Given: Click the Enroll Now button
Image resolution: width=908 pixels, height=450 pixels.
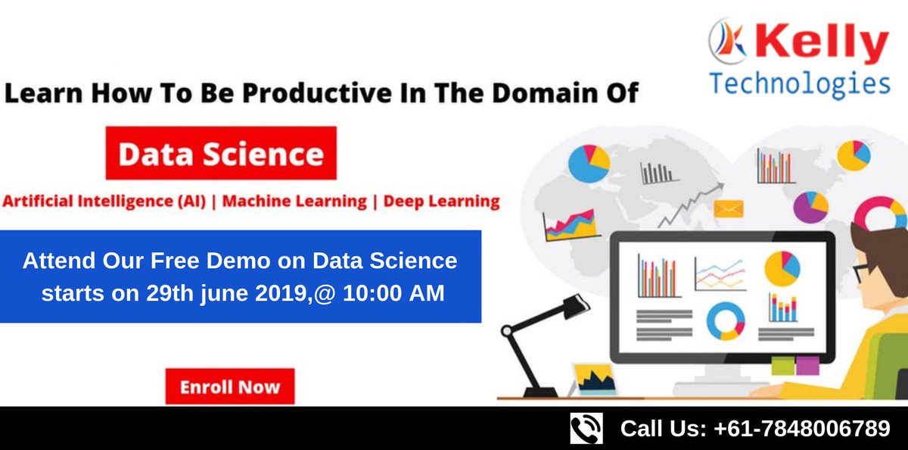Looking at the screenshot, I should click(229, 387).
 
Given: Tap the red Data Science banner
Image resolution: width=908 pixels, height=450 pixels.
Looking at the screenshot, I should click(221, 155).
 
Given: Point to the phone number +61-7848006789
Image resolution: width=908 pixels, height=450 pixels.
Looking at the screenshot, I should click(802, 429).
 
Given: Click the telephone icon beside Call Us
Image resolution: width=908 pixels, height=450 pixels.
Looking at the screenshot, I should click(586, 428).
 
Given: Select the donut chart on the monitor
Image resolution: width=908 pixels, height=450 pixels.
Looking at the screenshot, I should click(725, 322).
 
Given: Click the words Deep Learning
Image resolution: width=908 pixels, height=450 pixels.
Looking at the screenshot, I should click(442, 202).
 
